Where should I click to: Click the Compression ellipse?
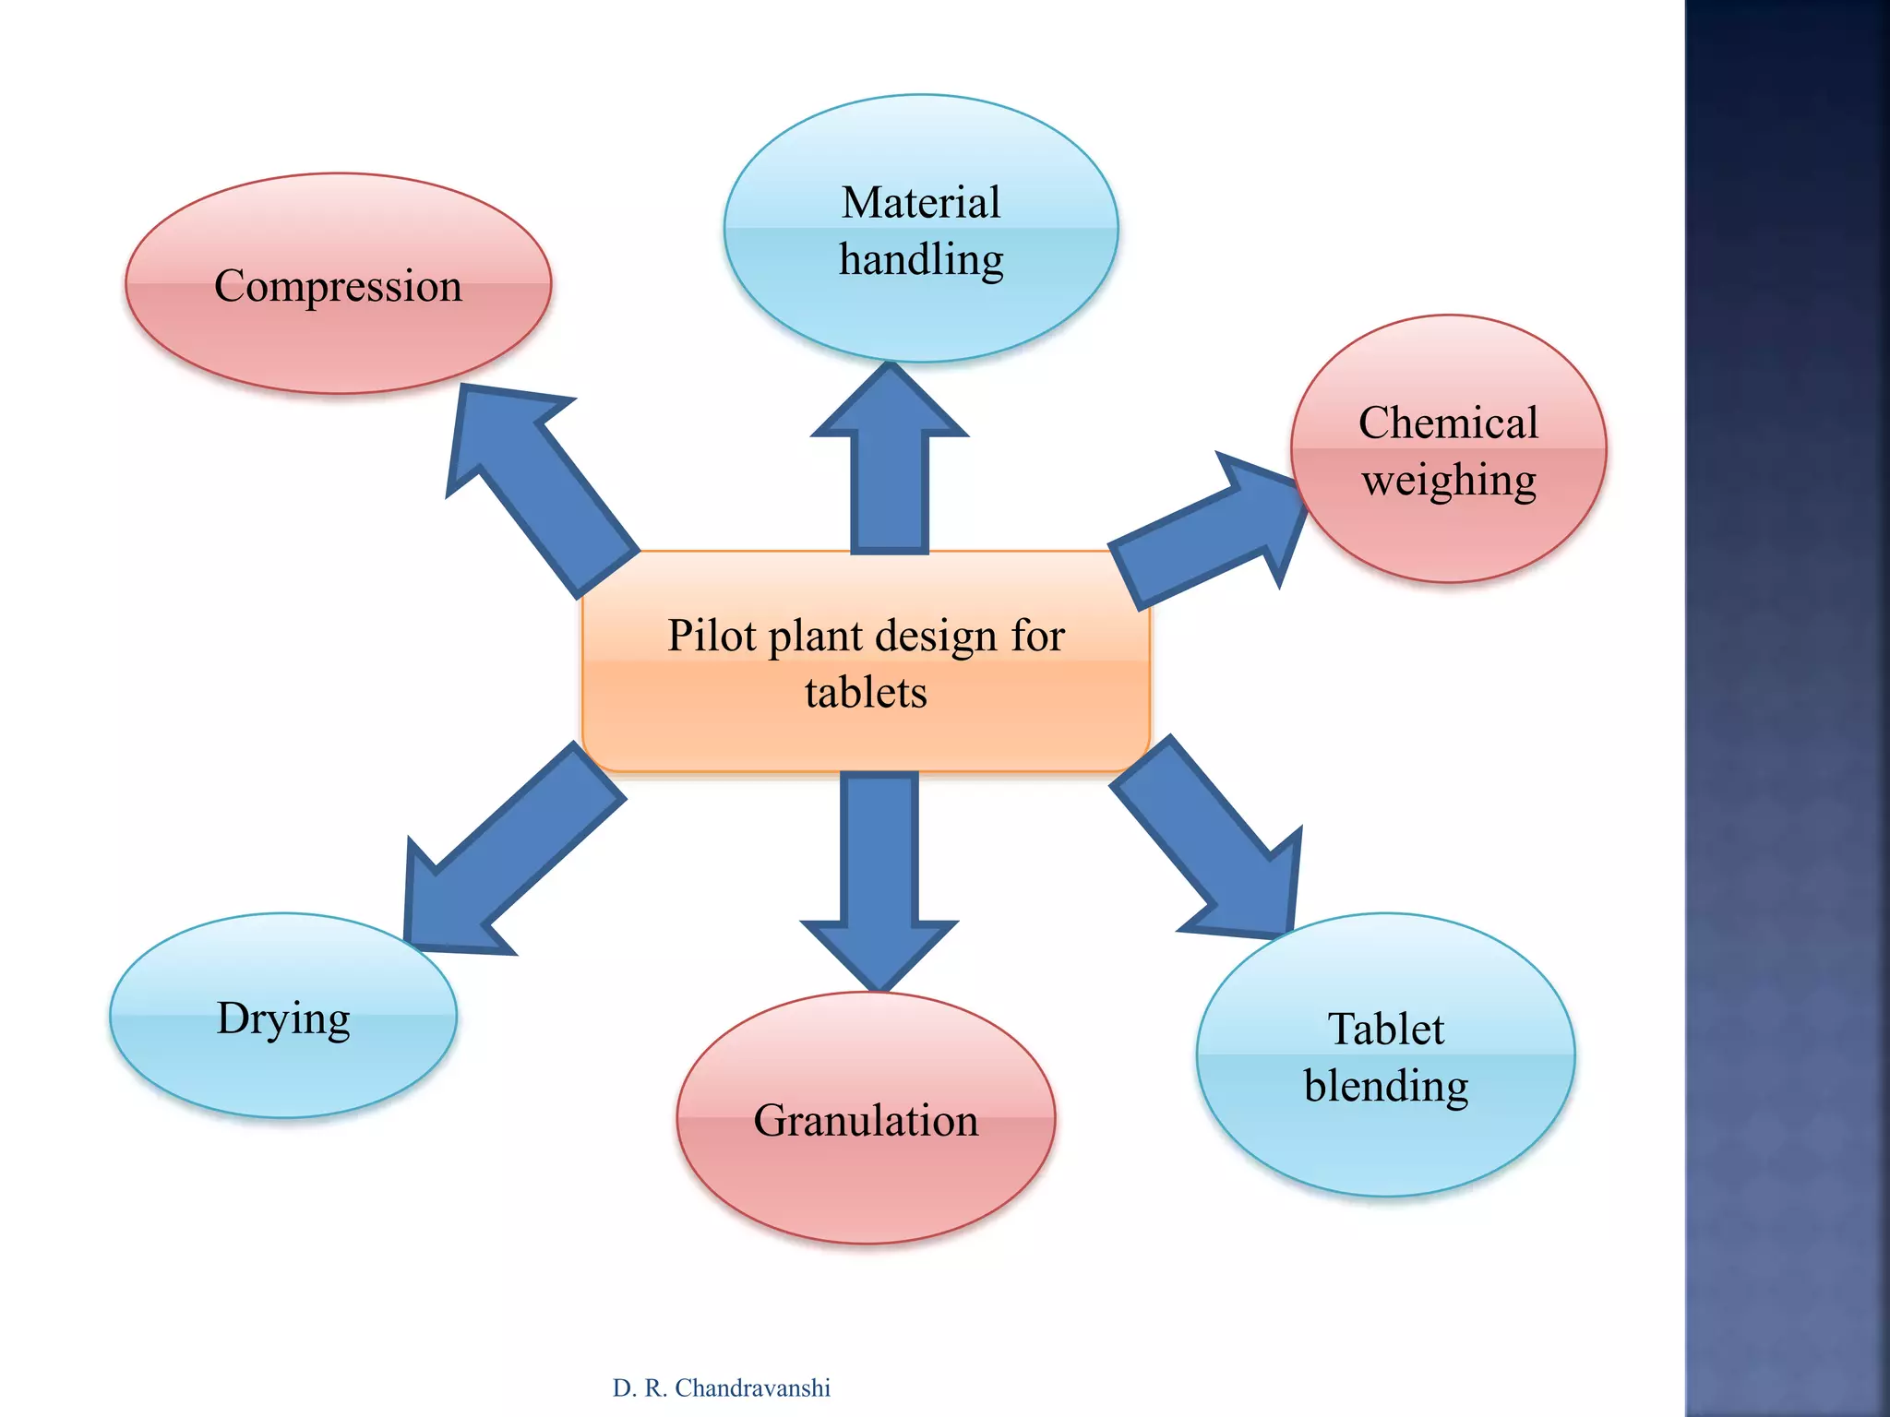tap(338, 332)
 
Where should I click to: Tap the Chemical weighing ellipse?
tap(1448, 535)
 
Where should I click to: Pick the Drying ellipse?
tap(282, 1070)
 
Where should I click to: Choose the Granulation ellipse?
tap(865, 1181)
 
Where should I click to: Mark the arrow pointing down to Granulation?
tap(879, 876)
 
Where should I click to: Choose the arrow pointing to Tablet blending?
tap(1209, 839)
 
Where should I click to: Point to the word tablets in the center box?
tap(865, 693)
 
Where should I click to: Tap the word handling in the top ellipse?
tap(920, 260)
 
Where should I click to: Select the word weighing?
tap(1448, 481)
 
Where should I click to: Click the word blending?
tap(1385, 1086)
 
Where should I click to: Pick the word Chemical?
tap(1448, 423)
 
